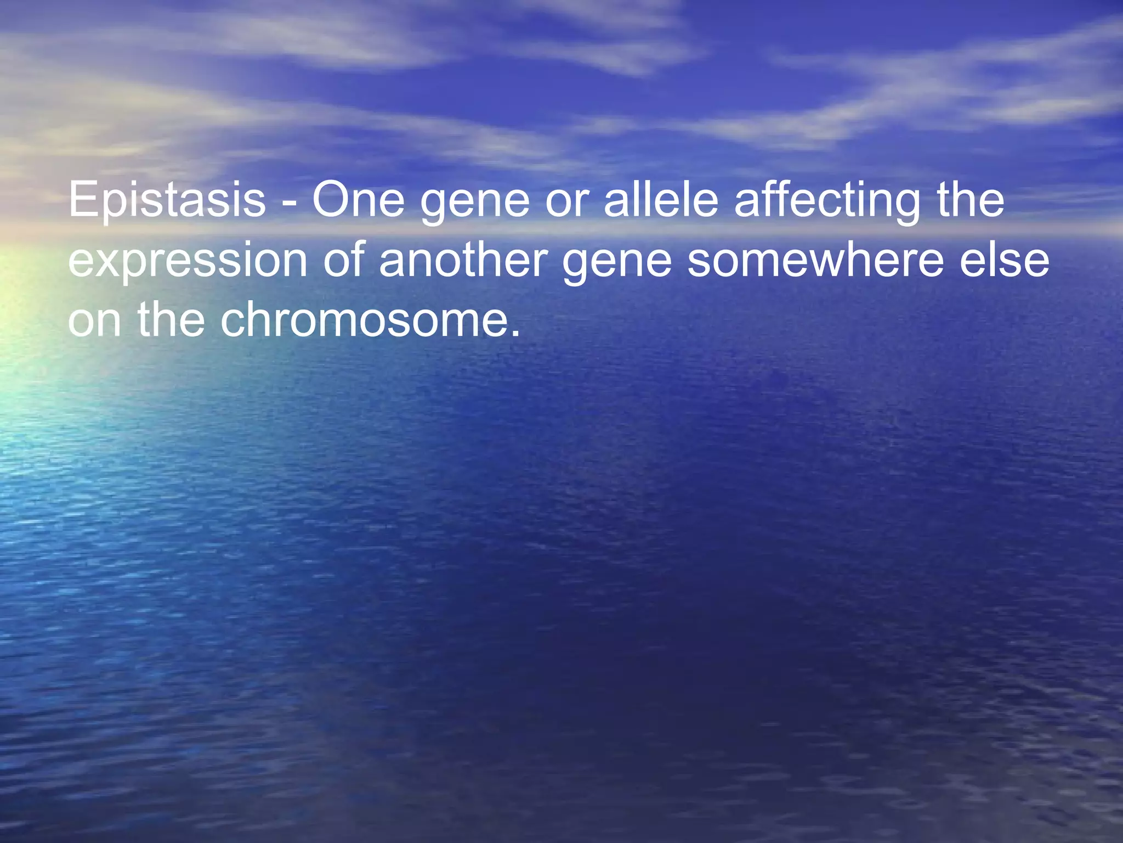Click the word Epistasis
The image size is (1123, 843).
[x=167, y=200]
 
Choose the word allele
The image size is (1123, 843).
[x=661, y=200]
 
